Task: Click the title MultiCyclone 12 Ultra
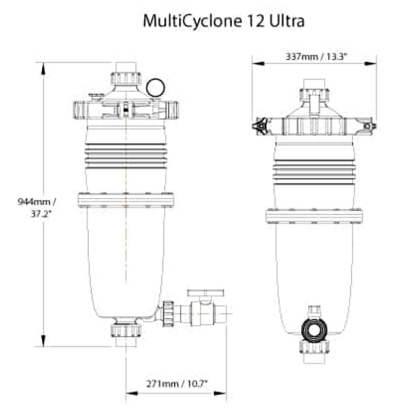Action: click(x=224, y=21)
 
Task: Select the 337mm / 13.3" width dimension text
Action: click(x=316, y=57)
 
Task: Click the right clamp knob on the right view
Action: click(x=369, y=126)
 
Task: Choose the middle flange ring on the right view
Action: click(x=315, y=215)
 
